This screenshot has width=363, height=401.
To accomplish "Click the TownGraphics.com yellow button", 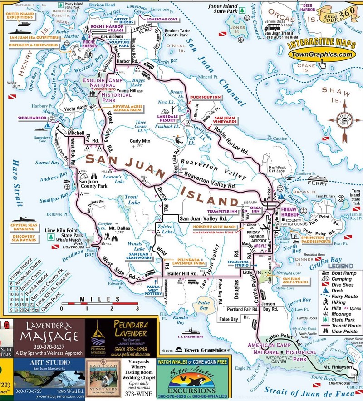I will pos(321,54).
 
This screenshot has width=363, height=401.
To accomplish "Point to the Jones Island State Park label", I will pos(223,9).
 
